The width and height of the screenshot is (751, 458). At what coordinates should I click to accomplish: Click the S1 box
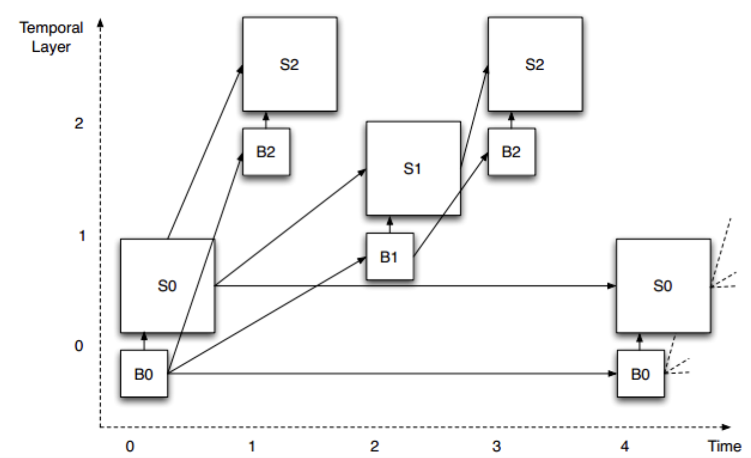[x=413, y=169]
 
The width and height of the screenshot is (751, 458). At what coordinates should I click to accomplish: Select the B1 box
[x=390, y=256]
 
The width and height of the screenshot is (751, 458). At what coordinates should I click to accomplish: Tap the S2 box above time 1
[x=290, y=64]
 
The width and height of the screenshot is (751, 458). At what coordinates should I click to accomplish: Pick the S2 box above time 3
[x=535, y=64]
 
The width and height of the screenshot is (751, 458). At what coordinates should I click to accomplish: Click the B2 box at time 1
[x=266, y=152]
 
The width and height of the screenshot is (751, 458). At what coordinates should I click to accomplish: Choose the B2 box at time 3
[x=511, y=152]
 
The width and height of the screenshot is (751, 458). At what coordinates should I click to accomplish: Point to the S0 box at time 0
[x=167, y=286]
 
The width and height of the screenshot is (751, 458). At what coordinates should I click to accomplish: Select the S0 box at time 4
[x=663, y=286]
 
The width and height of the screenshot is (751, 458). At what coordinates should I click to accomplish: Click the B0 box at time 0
[x=144, y=374]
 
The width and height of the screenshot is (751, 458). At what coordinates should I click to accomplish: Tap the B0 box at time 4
[x=641, y=374]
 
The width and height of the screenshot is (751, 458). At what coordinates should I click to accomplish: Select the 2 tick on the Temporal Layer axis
[x=79, y=124]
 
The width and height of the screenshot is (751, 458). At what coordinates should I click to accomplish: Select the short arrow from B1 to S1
[x=390, y=224]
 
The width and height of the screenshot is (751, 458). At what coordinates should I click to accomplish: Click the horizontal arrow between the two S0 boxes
[x=414, y=286]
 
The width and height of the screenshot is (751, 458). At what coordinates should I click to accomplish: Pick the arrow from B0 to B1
[x=267, y=315]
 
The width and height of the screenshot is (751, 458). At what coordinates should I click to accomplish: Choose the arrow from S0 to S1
[x=288, y=228]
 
